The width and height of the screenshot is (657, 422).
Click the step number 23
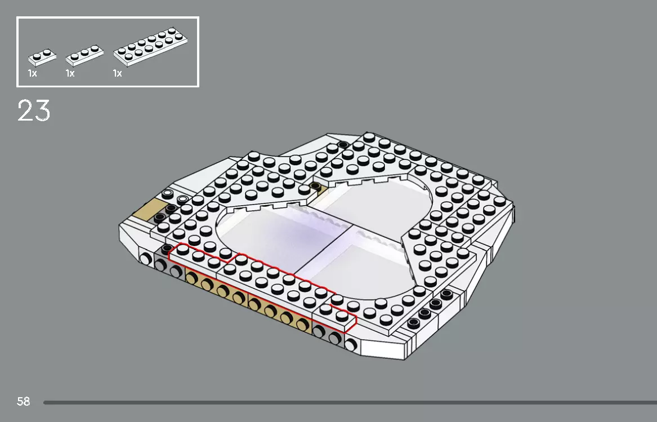point(34,111)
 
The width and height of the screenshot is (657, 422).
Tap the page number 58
point(23,402)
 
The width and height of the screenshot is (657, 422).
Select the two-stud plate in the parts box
point(43,56)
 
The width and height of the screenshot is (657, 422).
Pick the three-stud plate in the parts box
point(84,56)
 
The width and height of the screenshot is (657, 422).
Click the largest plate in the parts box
point(150,45)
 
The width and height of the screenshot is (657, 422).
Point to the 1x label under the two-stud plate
point(32,74)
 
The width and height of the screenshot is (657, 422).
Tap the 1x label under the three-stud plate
point(70,74)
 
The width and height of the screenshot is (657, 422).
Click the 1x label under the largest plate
point(117,74)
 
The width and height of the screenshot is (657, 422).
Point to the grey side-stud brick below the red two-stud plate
point(327,336)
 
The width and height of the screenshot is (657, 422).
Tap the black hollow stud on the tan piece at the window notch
point(315,186)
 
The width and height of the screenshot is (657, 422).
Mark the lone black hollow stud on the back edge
point(342,145)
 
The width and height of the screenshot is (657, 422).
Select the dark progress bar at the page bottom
point(349,402)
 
